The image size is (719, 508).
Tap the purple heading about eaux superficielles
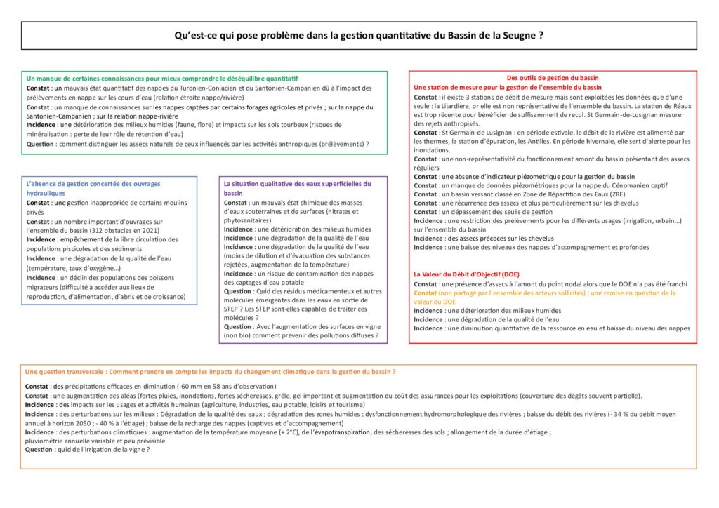click(x=297, y=188)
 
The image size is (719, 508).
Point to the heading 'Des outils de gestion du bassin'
click(x=553, y=77)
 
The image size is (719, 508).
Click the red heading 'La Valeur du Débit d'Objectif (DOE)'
click(x=466, y=274)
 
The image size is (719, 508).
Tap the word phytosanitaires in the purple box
click(x=250, y=220)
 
